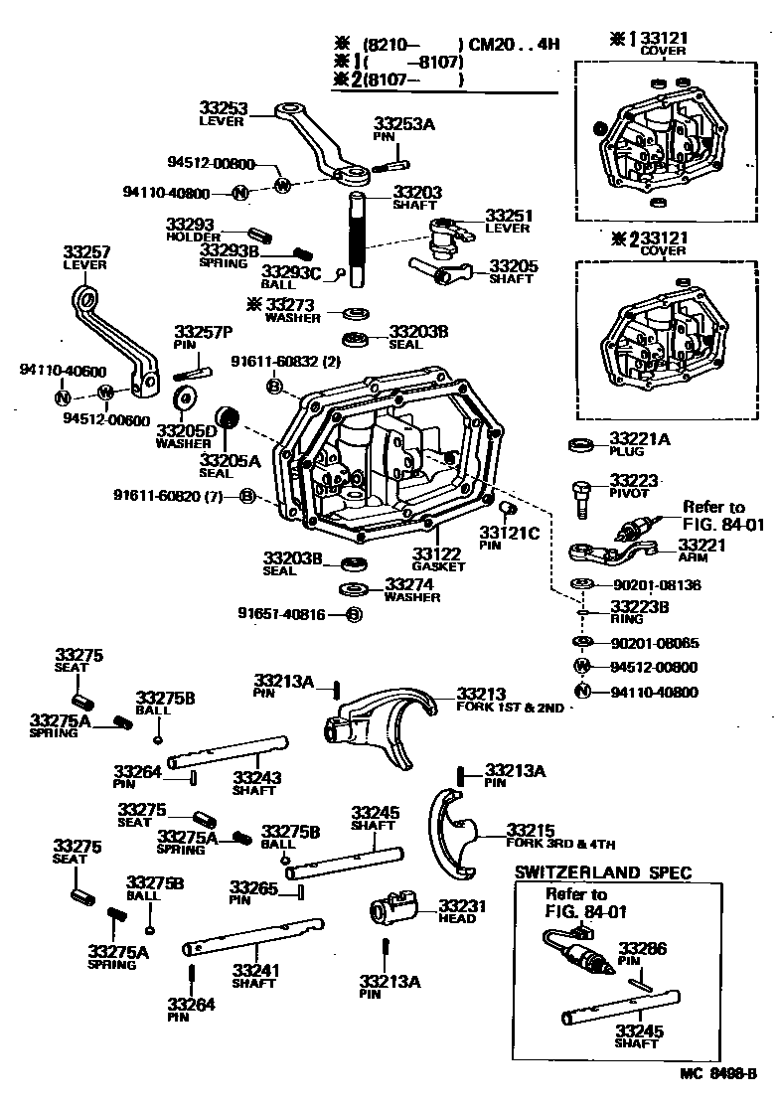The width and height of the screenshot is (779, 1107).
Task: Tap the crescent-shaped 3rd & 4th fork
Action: pos(452,833)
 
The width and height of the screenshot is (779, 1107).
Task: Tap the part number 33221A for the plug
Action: pos(641,437)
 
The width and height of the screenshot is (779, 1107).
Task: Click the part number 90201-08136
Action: pos(655,585)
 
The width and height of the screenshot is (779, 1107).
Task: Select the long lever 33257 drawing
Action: pos(113,338)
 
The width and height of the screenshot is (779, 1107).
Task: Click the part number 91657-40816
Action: pos(281,614)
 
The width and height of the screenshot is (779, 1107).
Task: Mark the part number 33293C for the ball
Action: pos(291,271)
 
